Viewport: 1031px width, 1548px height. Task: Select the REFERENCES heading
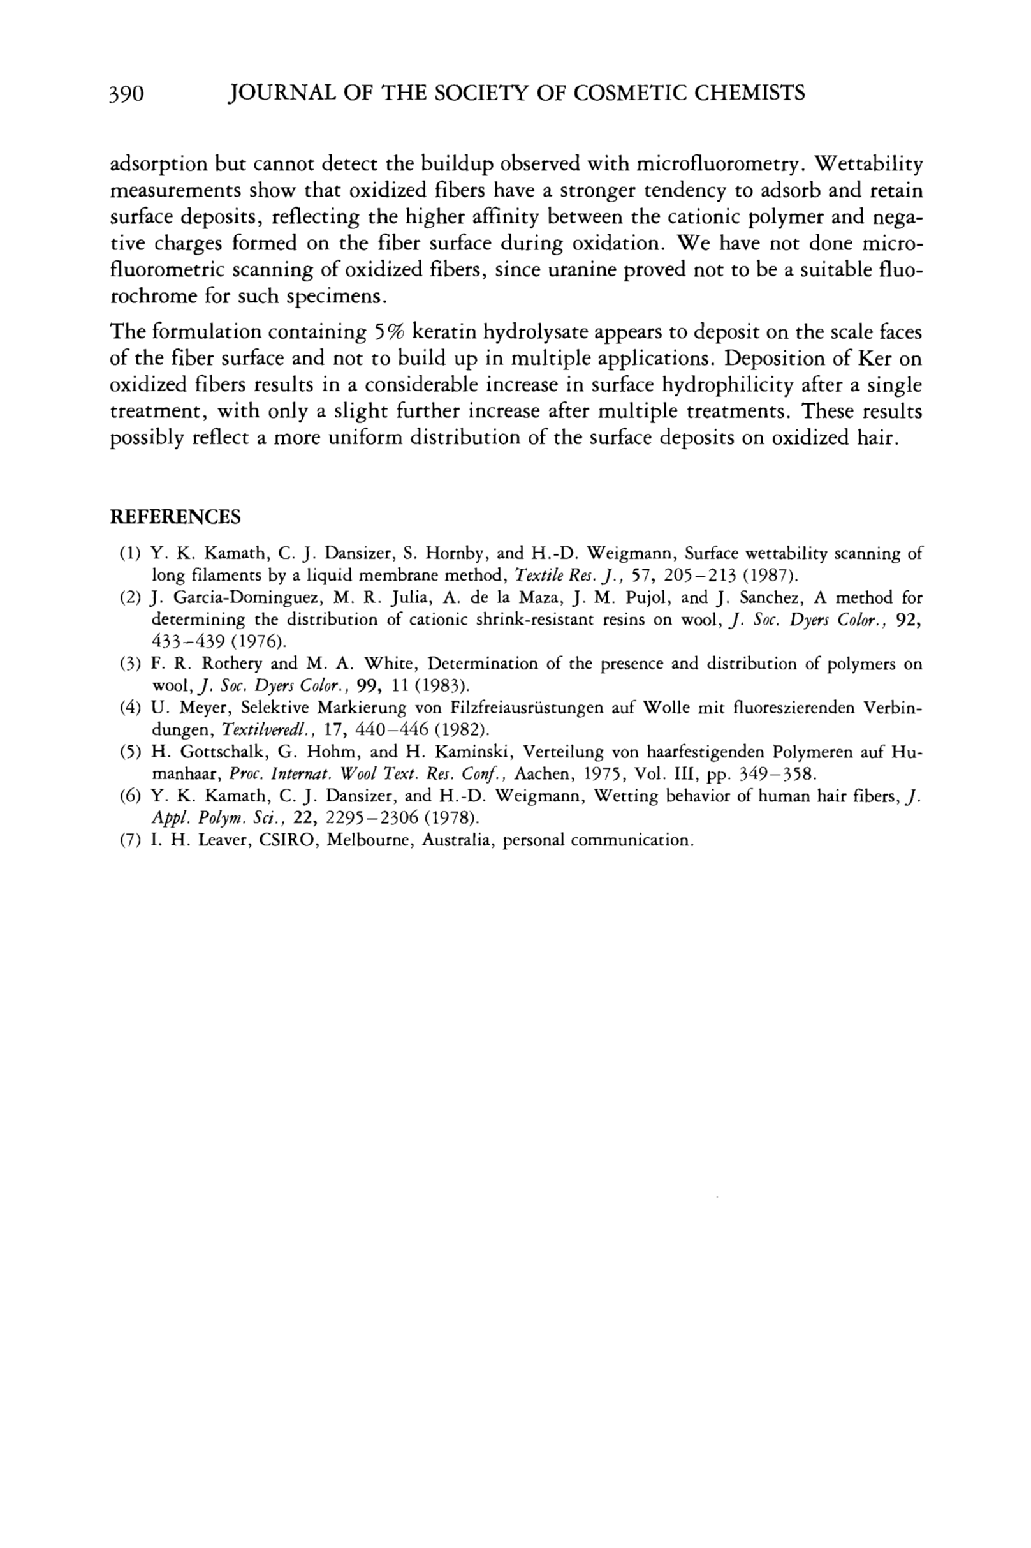[175, 516]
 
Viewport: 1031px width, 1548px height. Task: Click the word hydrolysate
[537, 332]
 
